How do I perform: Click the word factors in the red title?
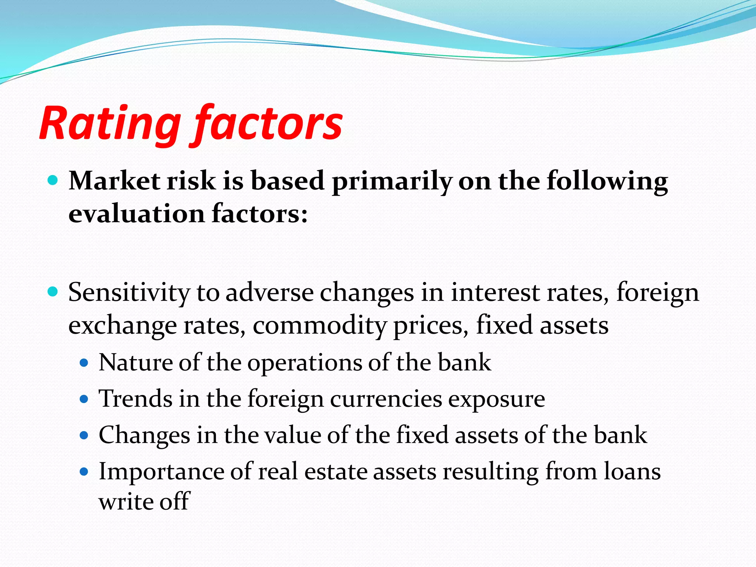[x=268, y=124]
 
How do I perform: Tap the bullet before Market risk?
[x=53, y=181]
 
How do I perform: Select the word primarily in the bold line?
[x=392, y=182]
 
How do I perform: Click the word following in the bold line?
[x=607, y=182]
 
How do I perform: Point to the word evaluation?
[x=137, y=214]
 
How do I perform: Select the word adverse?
[x=269, y=293]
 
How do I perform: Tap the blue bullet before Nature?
[x=84, y=363]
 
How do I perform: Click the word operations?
[x=304, y=363]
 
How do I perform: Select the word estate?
[x=336, y=472]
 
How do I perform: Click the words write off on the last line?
[x=144, y=502]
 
